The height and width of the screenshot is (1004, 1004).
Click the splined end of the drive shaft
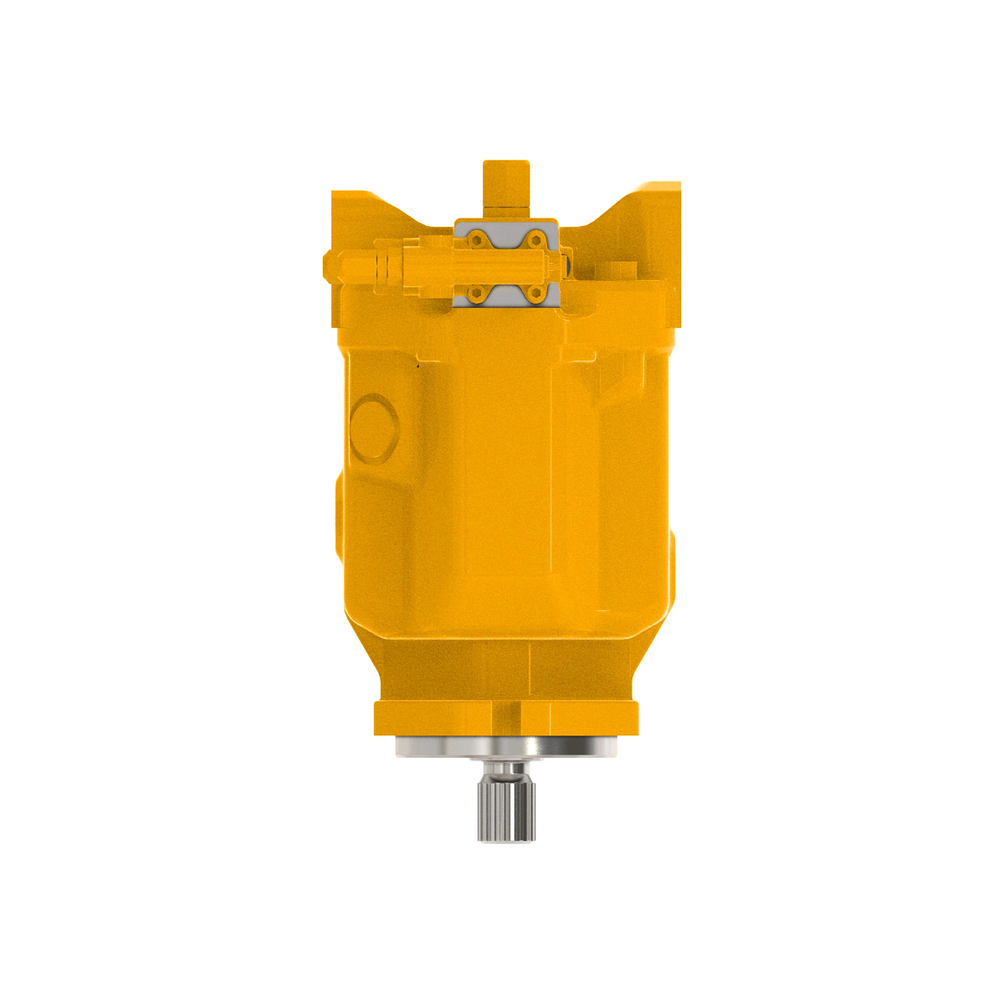pyautogui.click(x=505, y=807)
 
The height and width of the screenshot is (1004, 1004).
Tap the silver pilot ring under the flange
pyautogui.click(x=505, y=746)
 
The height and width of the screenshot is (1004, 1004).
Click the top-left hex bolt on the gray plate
pyautogui.click(x=477, y=240)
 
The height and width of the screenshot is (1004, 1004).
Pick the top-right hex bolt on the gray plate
pyautogui.click(x=535, y=240)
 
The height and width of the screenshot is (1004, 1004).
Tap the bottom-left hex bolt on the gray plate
pyautogui.click(x=477, y=293)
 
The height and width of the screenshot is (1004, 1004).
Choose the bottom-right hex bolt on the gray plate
pyautogui.click(x=535, y=293)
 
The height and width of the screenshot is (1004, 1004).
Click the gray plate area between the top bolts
pyautogui.click(x=505, y=237)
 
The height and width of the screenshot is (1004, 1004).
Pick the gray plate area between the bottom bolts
pyautogui.click(x=505, y=295)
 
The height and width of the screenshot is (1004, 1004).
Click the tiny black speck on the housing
pyautogui.click(x=417, y=365)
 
